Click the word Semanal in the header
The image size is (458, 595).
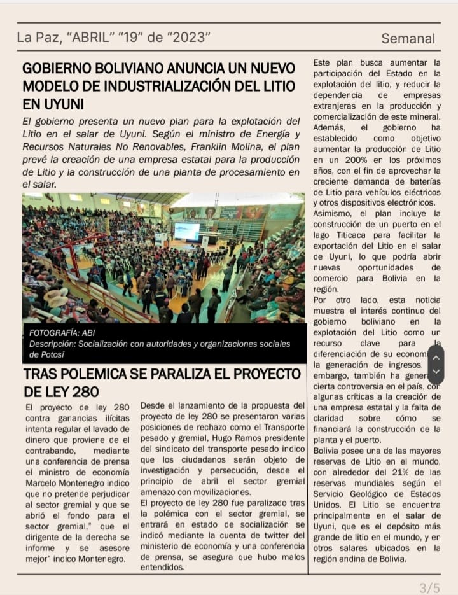408,38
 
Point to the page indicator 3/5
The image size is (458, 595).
430,587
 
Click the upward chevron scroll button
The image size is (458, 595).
436,357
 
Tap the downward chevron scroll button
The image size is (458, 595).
436,374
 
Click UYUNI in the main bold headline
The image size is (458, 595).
53,104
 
